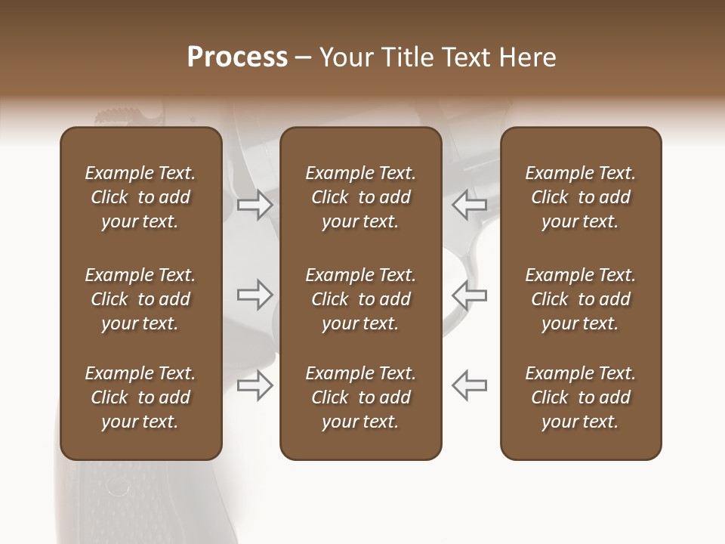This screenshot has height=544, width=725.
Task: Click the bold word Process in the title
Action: (x=237, y=57)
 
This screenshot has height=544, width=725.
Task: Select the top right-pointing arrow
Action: (x=255, y=205)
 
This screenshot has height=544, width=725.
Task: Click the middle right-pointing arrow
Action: (x=255, y=295)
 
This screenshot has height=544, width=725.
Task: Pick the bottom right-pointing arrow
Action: (x=255, y=385)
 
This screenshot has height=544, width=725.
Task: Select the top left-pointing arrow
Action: (x=470, y=205)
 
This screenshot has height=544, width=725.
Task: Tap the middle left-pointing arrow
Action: (x=470, y=295)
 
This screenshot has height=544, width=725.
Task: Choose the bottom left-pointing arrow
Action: (x=470, y=385)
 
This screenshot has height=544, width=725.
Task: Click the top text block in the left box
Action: (x=140, y=197)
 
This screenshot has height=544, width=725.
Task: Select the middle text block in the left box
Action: (x=140, y=299)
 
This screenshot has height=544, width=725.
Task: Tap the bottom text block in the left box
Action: (x=140, y=397)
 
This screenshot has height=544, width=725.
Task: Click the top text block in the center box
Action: (x=360, y=197)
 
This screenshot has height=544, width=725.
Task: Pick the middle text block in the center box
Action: (x=360, y=299)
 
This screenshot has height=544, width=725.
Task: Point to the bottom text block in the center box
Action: (x=360, y=397)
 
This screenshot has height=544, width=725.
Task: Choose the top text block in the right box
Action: (x=581, y=197)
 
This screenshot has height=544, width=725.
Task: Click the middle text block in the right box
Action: (x=581, y=299)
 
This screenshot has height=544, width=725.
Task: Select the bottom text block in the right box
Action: (x=581, y=397)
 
